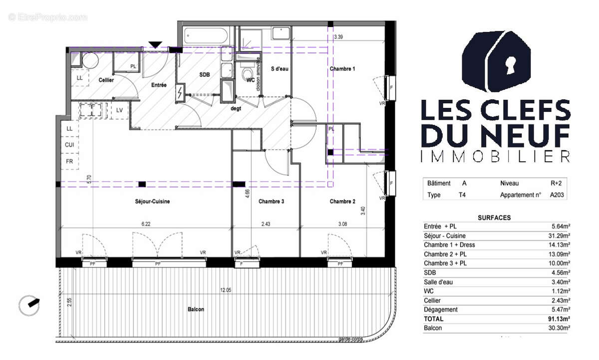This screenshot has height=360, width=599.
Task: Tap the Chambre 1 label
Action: (342, 68)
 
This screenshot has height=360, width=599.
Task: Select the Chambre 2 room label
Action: (342, 202)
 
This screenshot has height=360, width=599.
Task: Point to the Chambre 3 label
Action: (272, 202)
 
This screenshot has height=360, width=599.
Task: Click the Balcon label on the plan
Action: (196, 310)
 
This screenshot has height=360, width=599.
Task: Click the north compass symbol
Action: (29, 305)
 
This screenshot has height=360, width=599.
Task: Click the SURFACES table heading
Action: (494, 218)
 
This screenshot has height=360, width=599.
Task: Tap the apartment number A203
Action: (557, 195)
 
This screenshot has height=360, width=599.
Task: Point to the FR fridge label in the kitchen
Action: (70, 161)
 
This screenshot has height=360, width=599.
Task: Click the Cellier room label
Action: (106, 80)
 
